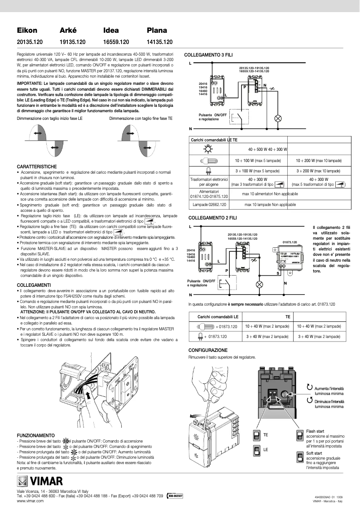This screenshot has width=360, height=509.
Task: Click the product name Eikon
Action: [x=27, y=31]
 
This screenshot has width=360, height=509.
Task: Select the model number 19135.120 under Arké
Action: [x=73, y=42]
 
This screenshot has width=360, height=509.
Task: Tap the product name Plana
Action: [x=157, y=31]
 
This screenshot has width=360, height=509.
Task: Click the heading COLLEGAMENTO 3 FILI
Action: [x=209, y=54]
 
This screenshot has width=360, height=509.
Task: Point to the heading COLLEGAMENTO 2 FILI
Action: [x=209, y=218]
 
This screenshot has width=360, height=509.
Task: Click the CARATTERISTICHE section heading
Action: [x=37, y=167]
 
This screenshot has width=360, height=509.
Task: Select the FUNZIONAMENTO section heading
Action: [x=35, y=435]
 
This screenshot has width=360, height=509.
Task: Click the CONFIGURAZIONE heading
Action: [x=208, y=350]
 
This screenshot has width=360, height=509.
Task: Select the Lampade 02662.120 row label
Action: [x=209, y=204]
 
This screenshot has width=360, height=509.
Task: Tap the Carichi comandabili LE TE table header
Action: [x=214, y=140]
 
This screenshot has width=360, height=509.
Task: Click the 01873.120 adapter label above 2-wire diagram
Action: [x=290, y=242]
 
